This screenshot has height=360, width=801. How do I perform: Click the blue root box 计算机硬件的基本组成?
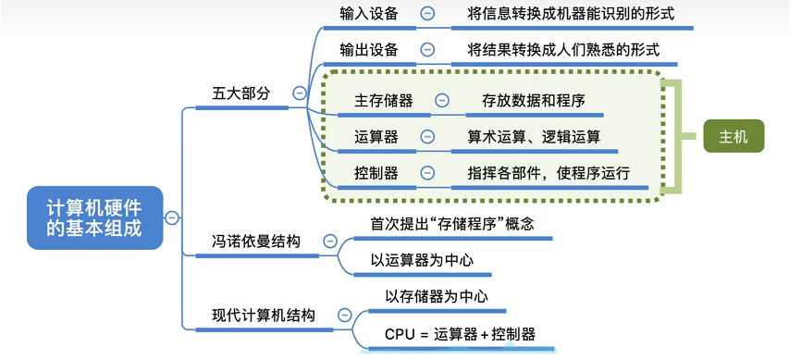point(94,217)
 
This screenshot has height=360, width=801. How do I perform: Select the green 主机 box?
point(733,136)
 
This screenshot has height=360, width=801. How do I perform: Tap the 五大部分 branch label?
point(241,93)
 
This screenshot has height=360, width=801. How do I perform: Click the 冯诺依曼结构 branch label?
point(255,241)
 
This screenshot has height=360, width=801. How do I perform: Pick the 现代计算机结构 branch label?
point(264,315)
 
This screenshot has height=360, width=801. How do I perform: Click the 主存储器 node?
point(383,100)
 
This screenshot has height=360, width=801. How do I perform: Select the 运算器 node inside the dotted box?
point(376,136)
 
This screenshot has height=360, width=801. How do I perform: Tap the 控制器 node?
point(376,172)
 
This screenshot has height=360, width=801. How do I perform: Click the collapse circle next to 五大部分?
point(299,93)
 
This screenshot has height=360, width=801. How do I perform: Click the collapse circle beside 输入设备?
point(427,13)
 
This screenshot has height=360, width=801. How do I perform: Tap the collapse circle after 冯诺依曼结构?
point(330,242)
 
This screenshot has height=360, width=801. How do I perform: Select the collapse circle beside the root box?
point(172,217)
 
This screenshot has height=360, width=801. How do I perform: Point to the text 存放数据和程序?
point(534,100)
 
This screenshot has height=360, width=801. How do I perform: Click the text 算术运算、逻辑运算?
point(534,136)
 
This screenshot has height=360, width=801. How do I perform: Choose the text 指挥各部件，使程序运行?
point(548,172)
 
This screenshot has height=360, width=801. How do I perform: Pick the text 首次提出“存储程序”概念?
point(452,223)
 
